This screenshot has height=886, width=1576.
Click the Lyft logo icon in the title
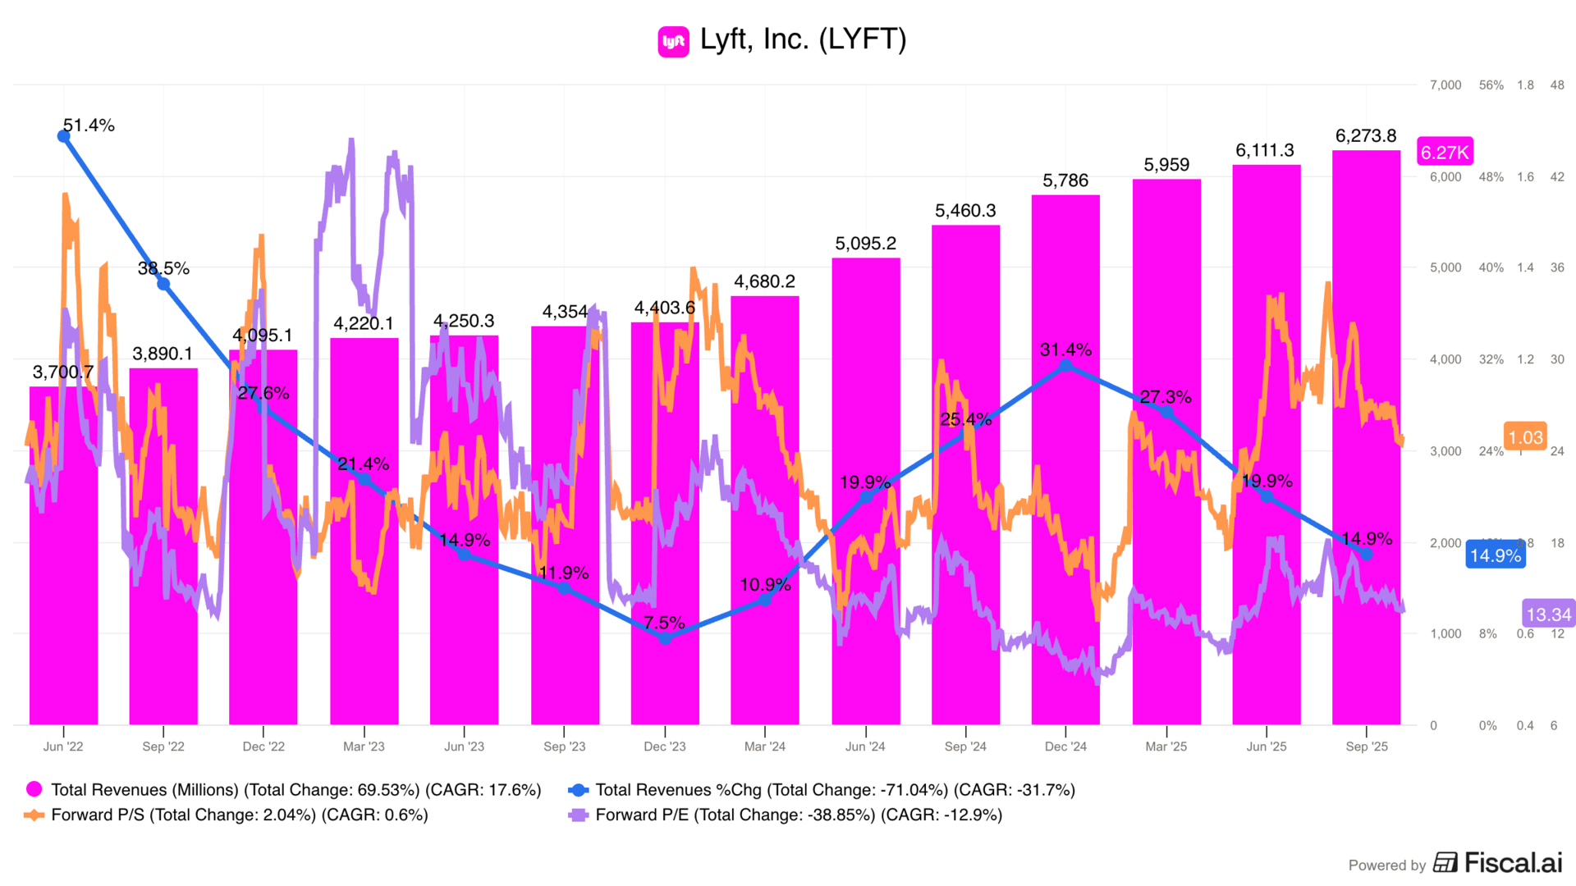point(673,41)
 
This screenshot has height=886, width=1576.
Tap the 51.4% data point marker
point(63,136)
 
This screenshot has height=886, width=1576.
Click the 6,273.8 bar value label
point(1366,136)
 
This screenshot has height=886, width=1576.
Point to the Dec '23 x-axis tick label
point(664,747)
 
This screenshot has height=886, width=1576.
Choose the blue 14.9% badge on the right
point(1495,555)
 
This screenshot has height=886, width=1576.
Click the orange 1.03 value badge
point(1525,437)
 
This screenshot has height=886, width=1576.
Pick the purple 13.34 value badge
point(1548,614)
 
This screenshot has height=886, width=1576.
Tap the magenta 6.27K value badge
point(1445,152)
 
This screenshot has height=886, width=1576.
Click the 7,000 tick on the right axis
point(1445,85)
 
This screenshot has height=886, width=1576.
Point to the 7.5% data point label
point(664,623)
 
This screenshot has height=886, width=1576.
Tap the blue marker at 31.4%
point(1065,366)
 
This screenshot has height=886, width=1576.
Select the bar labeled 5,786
point(1065,459)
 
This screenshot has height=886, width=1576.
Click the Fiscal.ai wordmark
point(1513,863)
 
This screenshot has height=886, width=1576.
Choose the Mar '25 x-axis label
point(1166,747)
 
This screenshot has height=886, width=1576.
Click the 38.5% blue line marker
point(163,284)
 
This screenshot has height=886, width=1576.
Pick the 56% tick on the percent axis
point(1491,85)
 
